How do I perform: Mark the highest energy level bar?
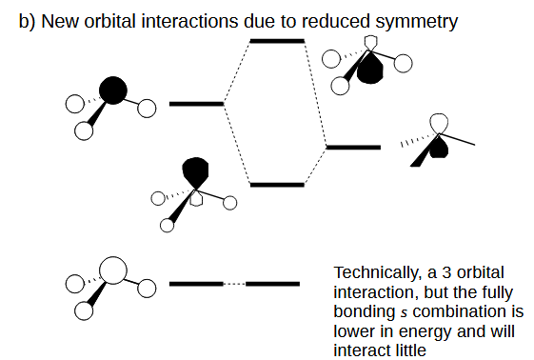(276, 41)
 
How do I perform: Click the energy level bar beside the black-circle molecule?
(195, 103)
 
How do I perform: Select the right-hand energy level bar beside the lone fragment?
(353, 147)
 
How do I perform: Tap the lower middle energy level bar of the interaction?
(276, 184)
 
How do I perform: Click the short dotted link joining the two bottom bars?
(234, 284)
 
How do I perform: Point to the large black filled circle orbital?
(112, 90)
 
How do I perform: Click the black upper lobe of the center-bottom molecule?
(195, 170)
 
